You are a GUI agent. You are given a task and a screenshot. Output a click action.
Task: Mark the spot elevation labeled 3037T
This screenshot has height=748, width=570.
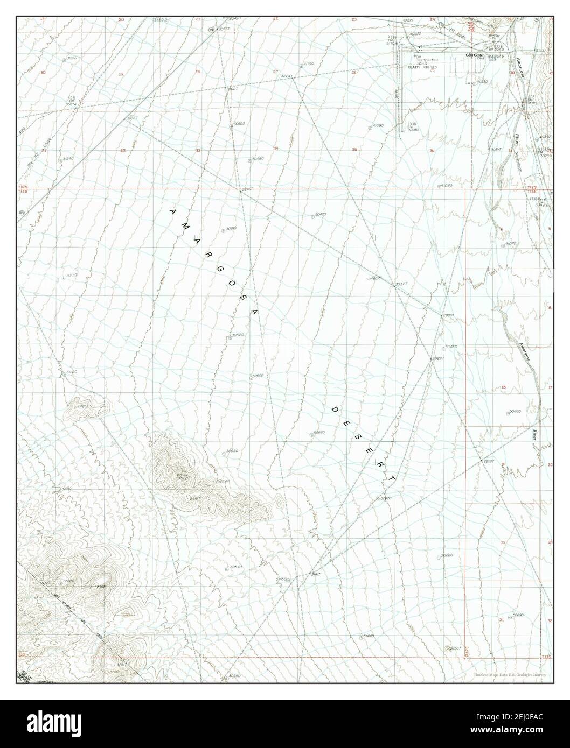[400, 283]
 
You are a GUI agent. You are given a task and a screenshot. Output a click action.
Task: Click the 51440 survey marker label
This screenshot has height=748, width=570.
[369, 636]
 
